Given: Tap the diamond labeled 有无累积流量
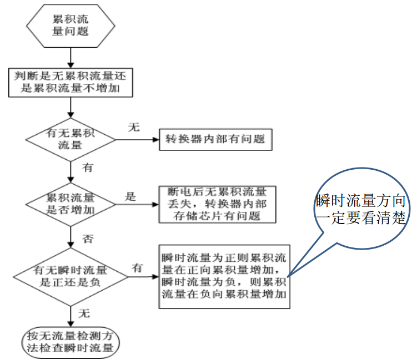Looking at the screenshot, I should [71, 140].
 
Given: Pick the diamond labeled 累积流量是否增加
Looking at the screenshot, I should [71, 204].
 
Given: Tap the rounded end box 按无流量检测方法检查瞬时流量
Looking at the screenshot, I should [71, 343].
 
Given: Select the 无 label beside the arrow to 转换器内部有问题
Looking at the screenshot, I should [134, 128].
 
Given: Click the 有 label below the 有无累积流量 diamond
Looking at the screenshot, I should [88, 167].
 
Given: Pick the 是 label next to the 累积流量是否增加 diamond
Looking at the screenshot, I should [130, 196].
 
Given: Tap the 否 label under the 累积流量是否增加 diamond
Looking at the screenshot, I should [88, 239].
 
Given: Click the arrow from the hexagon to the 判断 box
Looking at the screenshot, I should [71, 57].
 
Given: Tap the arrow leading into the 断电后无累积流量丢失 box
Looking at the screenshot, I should [136, 204].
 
